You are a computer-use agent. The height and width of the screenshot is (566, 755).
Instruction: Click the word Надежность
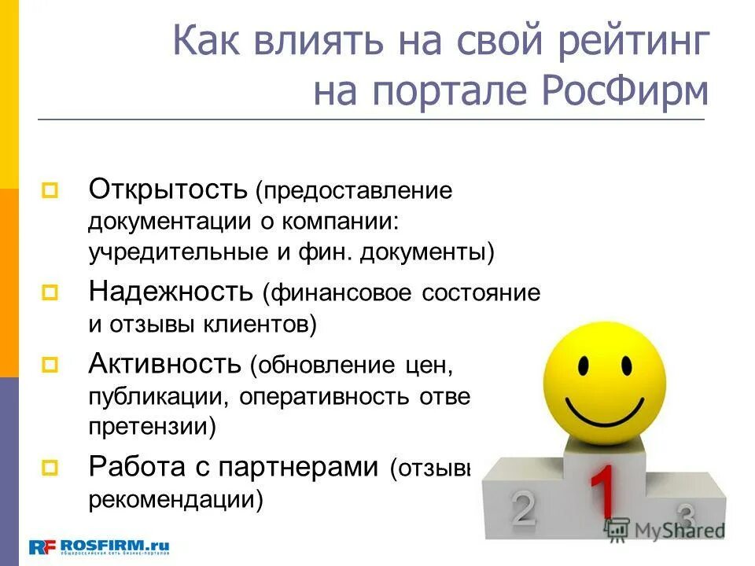(169, 292)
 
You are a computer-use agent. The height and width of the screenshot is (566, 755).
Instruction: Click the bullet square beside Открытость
(50, 190)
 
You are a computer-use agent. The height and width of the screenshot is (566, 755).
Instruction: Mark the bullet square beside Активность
(50, 365)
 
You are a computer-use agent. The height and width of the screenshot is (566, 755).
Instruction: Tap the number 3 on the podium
(686, 516)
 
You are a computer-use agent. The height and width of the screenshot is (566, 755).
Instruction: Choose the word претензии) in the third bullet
(153, 427)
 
